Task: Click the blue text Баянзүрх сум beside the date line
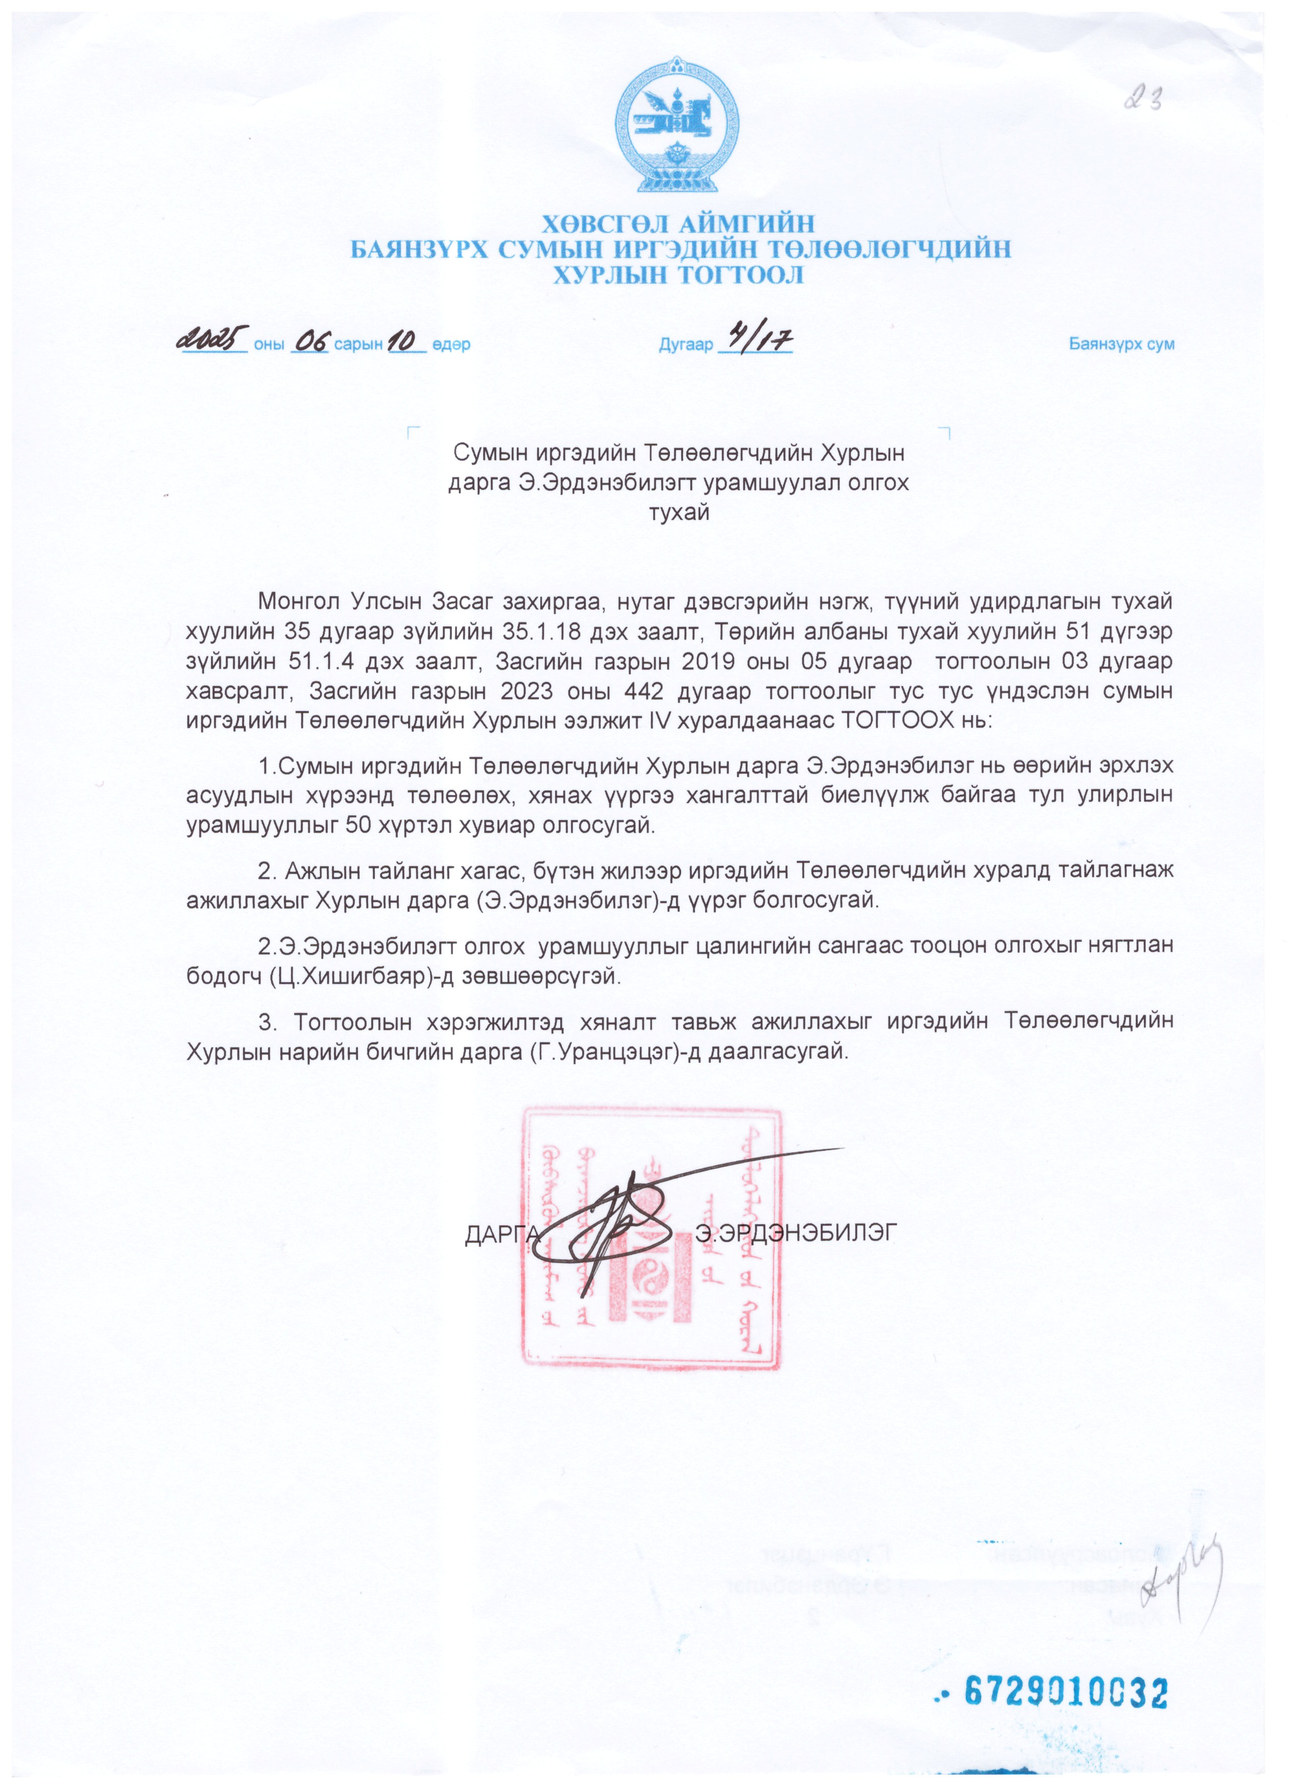pos(1121,345)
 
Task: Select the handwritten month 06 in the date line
pos(310,343)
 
